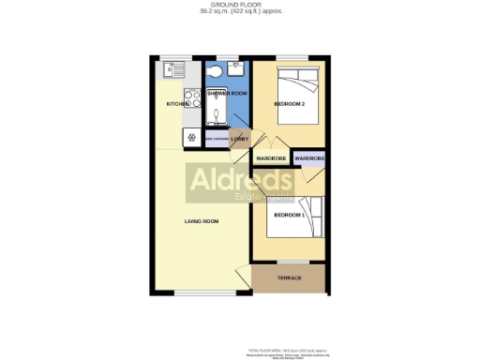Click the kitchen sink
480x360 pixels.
pyautogui.click(x=176, y=69)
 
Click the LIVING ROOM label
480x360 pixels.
pyautogui.click(x=201, y=221)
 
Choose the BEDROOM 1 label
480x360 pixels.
pyautogui.click(x=290, y=215)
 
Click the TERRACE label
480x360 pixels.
pyautogui.click(x=289, y=278)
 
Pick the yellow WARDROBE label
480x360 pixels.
pyautogui.click(x=271, y=158)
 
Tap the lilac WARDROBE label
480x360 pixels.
pyautogui.click(x=309, y=158)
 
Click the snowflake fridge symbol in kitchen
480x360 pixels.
pyautogui.click(x=192, y=138)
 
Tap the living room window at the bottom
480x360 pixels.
pyautogui.click(x=201, y=292)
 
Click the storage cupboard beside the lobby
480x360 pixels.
pyautogui.click(x=215, y=138)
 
